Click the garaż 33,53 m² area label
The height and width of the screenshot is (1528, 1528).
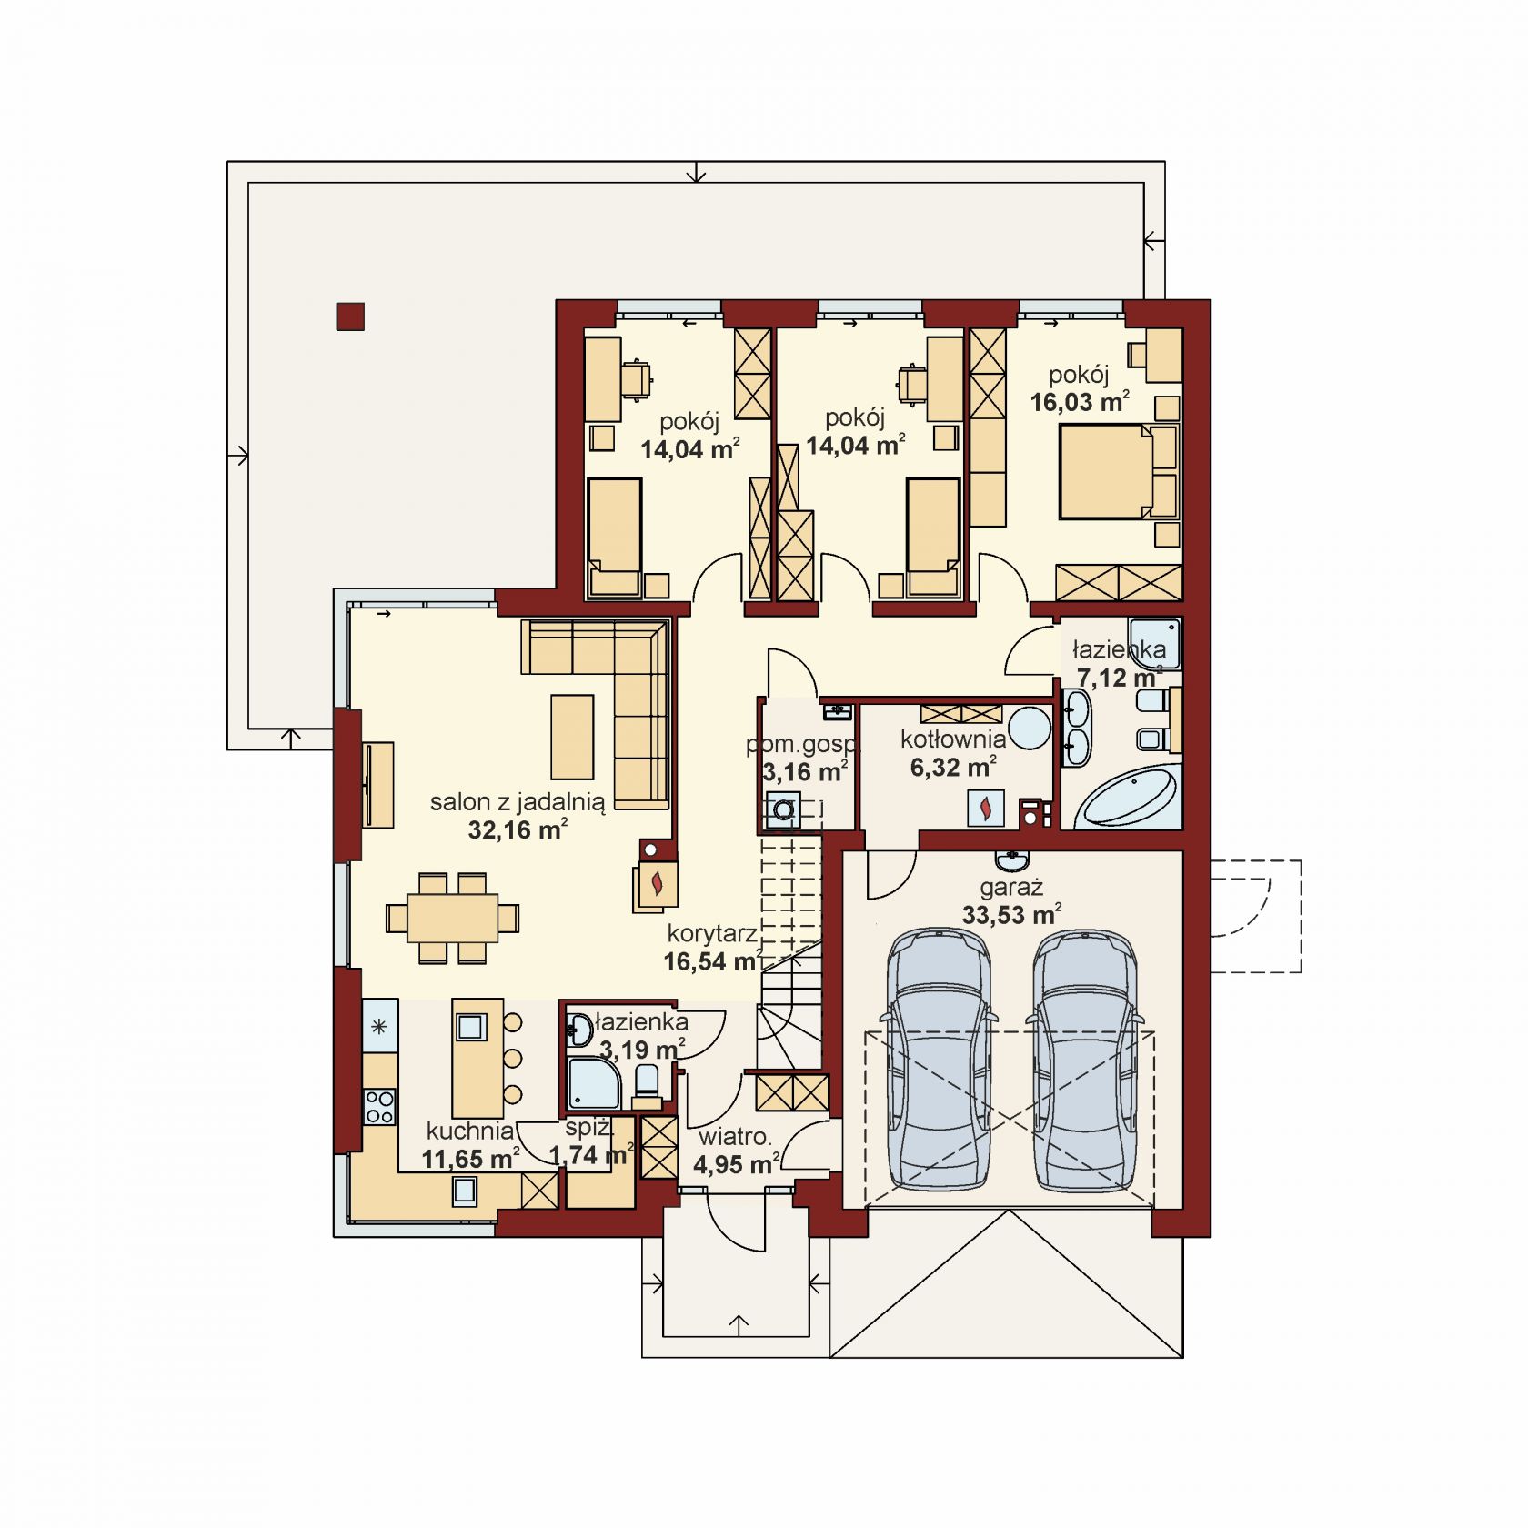click(x=1012, y=901)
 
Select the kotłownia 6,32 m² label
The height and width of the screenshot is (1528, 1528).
click(x=953, y=753)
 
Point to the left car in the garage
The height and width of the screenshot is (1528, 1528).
click(x=938, y=1058)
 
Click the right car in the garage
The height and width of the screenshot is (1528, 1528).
click(x=1084, y=1058)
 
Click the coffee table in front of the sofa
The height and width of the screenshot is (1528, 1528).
click(x=572, y=737)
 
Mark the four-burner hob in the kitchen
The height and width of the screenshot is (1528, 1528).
click(x=379, y=1106)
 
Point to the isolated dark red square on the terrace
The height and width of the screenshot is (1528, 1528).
click(x=350, y=316)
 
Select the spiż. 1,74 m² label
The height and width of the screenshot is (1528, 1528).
click(x=591, y=1141)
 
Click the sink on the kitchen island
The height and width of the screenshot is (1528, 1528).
click(x=470, y=1027)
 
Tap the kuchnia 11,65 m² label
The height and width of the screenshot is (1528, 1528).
click(x=470, y=1144)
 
